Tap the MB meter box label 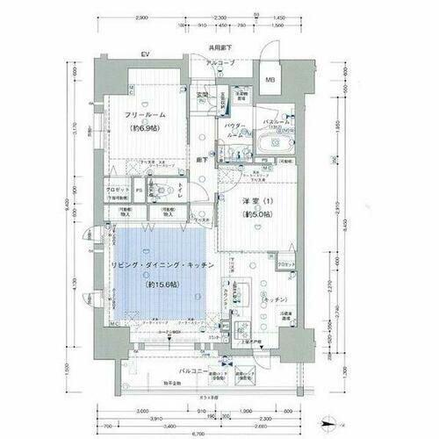tap(270, 82)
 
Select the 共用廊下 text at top tap(219, 47)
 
